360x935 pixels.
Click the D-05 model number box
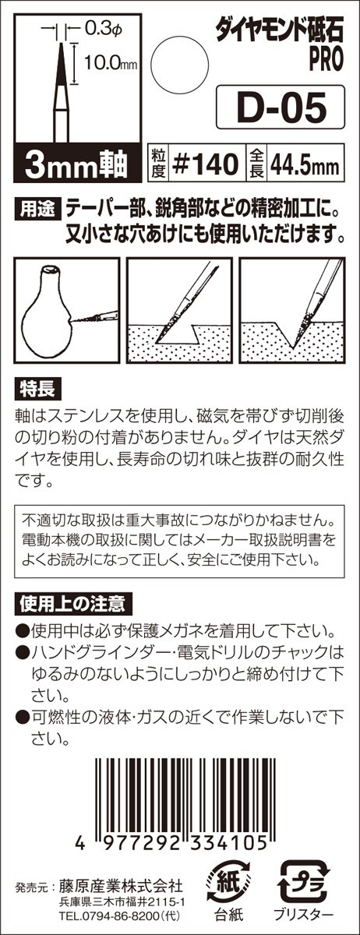[x=281, y=107]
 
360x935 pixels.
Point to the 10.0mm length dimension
[x=110, y=62]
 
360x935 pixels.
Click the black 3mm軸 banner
[x=77, y=164]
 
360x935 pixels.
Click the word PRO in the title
[x=326, y=60]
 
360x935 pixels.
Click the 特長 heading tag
[x=38, y=390]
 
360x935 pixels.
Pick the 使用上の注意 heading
[x=73, y=604]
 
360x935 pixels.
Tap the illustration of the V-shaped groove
[x=291, y=310]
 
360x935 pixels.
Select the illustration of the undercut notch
[x=178, y=310]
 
